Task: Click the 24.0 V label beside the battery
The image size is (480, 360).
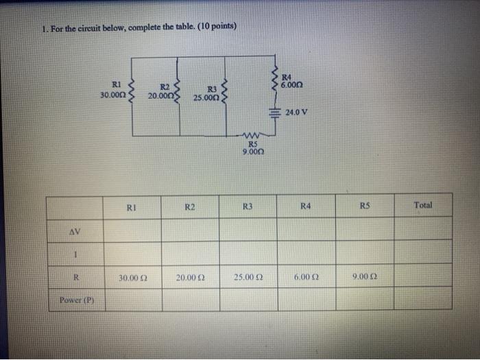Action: (x=297, y=112)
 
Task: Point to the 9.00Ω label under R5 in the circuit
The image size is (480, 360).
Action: (x=252, y=152)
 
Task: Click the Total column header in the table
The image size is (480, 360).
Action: (x=423, y=204)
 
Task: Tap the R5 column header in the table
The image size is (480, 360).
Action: (x=363, y=205)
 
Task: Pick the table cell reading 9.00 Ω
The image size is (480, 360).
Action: (x=363, y=277)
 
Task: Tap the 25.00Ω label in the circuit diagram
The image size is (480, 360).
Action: (x=205, y=97)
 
